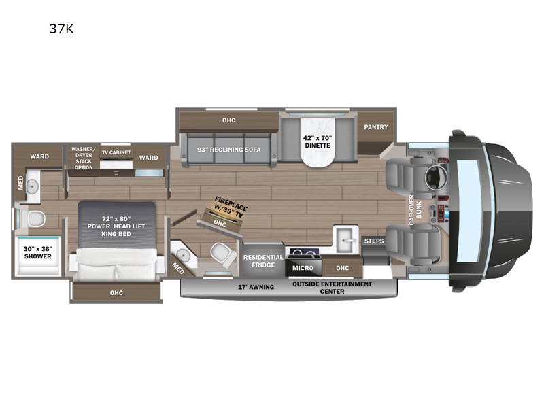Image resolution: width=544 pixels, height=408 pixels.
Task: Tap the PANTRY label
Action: click(x=375, y=127)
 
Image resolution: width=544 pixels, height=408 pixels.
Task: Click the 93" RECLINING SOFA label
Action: click(x=229, y=150)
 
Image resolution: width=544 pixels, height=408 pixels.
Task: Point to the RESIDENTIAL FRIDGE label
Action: click(x=263, y=261)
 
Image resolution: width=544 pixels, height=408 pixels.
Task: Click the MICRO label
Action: click(x=303, y=269)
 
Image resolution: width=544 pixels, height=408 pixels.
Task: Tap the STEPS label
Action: click(x=374, y=241)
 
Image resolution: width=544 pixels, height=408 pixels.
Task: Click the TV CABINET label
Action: click(x=116, y=152)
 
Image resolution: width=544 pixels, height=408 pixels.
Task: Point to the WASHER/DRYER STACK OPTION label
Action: click(x=84, y=157)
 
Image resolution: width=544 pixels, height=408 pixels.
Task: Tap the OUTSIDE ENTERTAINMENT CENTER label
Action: click(x=333, y=287)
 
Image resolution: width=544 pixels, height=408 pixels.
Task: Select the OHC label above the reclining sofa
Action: click(x=228, y=120)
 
